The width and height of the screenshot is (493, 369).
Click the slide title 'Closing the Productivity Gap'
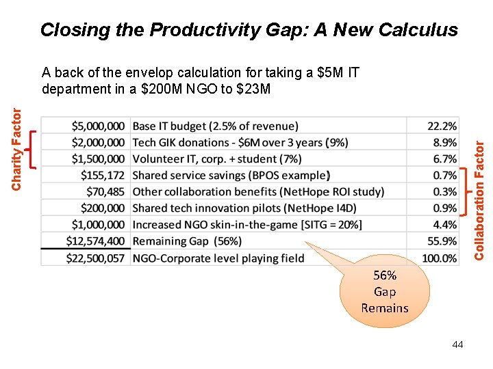249,30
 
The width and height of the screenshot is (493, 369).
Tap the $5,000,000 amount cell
98,126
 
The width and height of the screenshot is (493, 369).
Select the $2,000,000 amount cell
98,142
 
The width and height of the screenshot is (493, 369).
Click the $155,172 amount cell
103,175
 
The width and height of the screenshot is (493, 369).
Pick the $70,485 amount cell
105,191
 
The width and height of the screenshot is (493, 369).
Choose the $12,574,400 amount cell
96,241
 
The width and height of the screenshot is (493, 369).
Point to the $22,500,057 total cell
96,258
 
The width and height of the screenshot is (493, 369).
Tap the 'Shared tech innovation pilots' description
244,208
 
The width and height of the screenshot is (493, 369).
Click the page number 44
457,344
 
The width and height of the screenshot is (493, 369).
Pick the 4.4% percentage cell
445,224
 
